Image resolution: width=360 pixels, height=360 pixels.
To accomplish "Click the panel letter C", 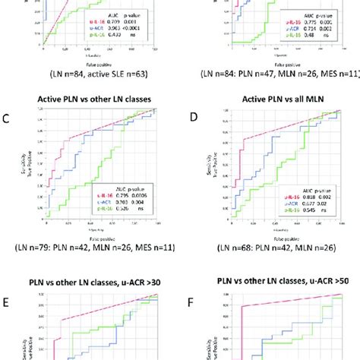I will tap(6, 117).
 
